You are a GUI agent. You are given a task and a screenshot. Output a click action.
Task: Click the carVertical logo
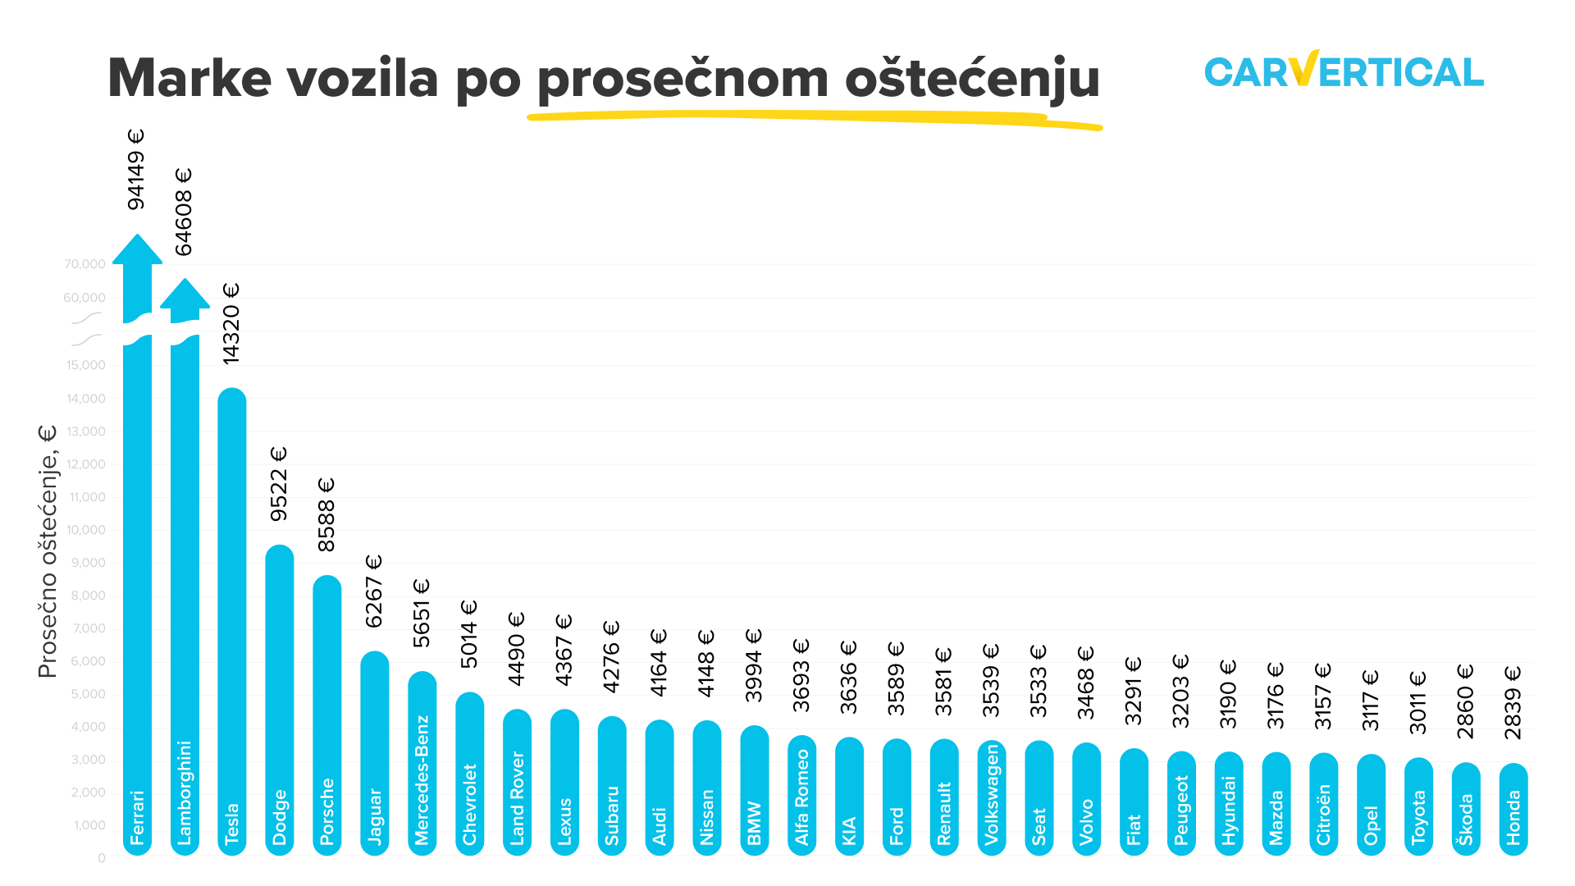1344,71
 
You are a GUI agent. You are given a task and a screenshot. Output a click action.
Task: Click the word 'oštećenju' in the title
972,79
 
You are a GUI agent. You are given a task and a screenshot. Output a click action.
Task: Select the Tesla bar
232,623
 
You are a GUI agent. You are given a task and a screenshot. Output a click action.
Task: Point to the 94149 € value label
136,169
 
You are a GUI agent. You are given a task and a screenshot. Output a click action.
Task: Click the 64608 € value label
184,212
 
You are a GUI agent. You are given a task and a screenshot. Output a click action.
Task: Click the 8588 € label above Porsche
326,515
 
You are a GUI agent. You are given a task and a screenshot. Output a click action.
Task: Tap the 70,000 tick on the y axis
84,264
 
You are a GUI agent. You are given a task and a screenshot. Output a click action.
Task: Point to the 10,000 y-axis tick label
86,530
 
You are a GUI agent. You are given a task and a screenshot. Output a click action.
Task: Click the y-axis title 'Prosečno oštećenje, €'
48,551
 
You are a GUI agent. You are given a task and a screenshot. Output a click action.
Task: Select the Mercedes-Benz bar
422,763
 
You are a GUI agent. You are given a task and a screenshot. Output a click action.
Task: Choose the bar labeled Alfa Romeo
801,796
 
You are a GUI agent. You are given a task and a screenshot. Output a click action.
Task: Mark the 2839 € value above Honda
1513,703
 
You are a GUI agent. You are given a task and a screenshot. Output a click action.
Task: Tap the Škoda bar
1466,809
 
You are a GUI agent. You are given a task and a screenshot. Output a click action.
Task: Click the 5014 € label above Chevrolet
468,634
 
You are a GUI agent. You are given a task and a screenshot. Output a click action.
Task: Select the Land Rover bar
517,783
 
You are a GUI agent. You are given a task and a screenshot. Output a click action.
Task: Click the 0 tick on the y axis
102,858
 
